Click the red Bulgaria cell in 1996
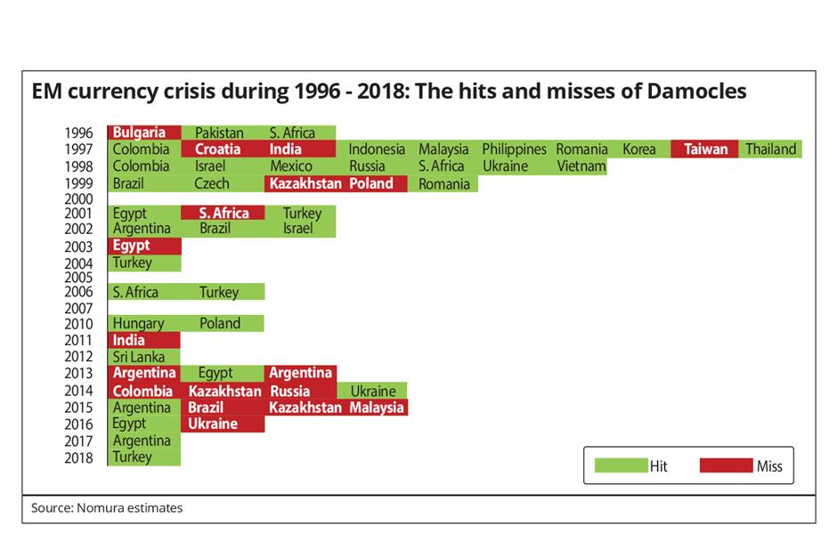pos(144,133)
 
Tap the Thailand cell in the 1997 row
pos(770,150)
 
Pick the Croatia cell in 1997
pos(217,150)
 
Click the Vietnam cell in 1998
pos(581,166)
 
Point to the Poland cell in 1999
pos(371,183)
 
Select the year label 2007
pos(78,308)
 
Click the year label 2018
pos(78,457)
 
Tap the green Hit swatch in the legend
pos(620,465)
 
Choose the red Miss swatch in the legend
pos(726,465)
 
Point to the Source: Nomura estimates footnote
pos(107,508)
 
